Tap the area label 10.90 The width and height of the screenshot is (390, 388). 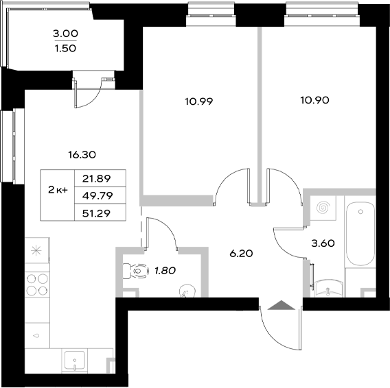click(315, 99)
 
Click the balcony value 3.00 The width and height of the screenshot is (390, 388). click(65, 34)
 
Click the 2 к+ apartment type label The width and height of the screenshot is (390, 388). click(57, 191)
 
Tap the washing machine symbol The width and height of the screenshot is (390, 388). click(323, 206)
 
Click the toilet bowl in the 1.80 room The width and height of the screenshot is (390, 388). click(137, 271)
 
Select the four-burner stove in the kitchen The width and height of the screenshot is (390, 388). click(38, 284)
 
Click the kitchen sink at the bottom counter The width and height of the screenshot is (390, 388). click(74, 359)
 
